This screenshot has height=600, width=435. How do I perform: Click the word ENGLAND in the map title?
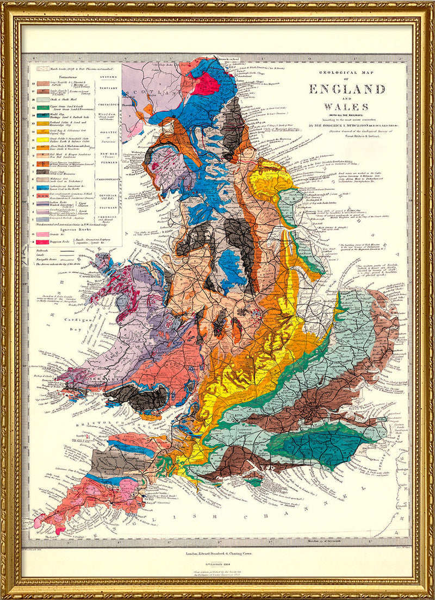[x=347, y=89]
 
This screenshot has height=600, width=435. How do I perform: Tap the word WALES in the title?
[x=346, y=107]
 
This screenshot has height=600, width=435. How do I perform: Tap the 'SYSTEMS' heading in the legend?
[x=108, y=78]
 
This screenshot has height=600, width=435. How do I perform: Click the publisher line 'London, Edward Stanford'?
[x=217, y=554]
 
